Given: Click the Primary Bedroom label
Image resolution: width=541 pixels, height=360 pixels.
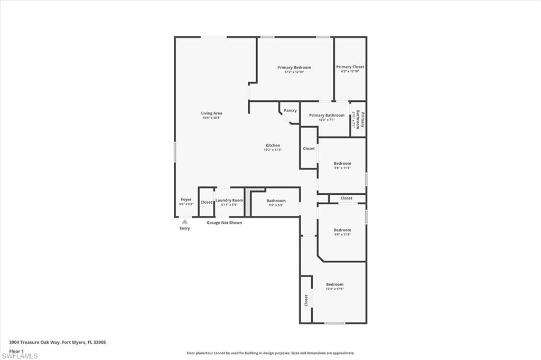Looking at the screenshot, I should (294, 68).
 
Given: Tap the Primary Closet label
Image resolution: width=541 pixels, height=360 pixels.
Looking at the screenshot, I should (350, 67).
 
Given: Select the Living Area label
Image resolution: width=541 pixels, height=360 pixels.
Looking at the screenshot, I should (211, 113).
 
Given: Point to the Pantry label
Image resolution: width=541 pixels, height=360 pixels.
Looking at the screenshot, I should (290, 110).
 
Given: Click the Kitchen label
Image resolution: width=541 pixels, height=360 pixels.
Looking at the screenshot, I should (273, 145).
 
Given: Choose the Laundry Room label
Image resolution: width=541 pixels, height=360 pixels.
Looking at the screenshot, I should (229, 200).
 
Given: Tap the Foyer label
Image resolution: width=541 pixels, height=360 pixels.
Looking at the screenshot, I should (186, 200).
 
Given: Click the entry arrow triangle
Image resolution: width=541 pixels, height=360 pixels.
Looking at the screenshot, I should (184, 222).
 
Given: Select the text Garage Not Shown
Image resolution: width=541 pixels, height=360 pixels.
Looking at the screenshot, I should (224, 222).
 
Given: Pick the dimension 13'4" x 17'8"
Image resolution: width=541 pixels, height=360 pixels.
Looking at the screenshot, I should (334, 289).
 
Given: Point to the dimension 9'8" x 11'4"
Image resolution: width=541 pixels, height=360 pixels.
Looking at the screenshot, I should (342, 168).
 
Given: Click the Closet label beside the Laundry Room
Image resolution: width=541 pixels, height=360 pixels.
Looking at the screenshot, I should (206, 202).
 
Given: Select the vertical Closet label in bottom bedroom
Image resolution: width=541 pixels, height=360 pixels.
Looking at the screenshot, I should (306, 300).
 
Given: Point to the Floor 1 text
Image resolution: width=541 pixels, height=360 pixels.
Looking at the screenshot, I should (17, 350).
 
